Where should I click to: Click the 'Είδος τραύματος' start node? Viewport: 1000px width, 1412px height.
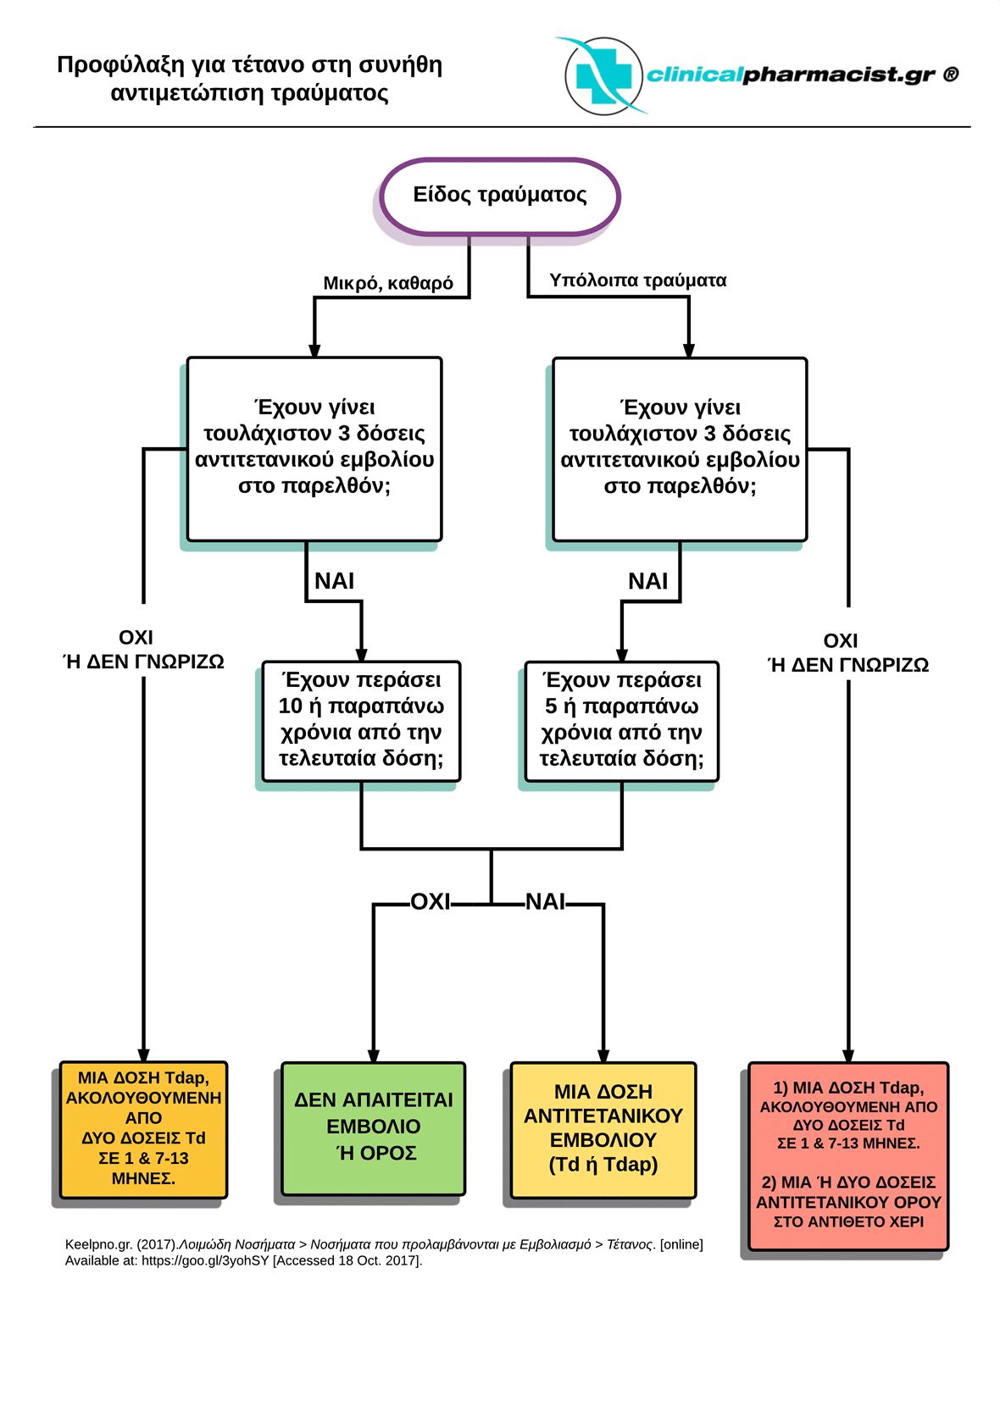coord(500,196)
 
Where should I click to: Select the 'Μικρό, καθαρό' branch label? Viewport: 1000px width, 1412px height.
coord(388,283)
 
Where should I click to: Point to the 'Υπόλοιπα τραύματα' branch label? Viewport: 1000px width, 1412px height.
coord(637,280)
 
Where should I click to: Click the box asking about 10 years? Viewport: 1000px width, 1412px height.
coord(361,721)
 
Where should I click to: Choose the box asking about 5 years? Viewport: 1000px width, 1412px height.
coord(622,721)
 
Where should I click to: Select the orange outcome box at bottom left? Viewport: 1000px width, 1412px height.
coord(144,1130)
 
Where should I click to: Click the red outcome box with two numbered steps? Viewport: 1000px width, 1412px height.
coord(848,1156)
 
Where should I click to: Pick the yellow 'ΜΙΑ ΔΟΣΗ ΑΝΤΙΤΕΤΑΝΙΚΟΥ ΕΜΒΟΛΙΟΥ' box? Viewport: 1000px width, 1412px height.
coord(603,1130)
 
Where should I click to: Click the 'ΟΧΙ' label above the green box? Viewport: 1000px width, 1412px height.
coord(431,902)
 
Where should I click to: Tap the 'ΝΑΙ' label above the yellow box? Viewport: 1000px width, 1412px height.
coord(546,902)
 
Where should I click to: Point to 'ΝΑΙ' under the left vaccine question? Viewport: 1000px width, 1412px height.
coord(334,580)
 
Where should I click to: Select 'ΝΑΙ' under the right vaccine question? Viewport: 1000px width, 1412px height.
coord(647,581)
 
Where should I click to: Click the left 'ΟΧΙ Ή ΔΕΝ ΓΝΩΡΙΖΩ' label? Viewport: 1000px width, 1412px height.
coord(144,650)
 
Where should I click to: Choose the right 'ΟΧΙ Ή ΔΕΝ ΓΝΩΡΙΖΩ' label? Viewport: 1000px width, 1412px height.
coord(848,652)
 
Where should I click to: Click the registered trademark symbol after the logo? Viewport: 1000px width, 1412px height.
coord(951,75)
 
